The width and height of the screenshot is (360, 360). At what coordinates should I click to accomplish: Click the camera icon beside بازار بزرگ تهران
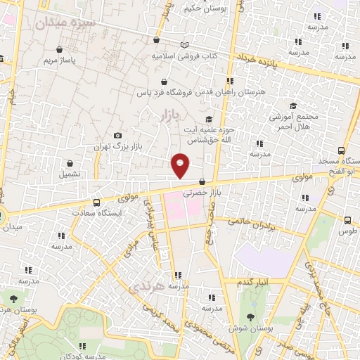point(117,135)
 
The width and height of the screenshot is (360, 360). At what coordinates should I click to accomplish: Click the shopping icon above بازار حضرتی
point(202,181)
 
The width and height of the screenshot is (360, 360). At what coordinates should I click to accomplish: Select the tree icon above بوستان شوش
point(252,317)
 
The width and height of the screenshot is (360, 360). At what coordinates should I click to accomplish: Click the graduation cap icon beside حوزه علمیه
point(208,120)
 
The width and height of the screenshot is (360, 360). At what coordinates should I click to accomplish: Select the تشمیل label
point(70,174)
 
